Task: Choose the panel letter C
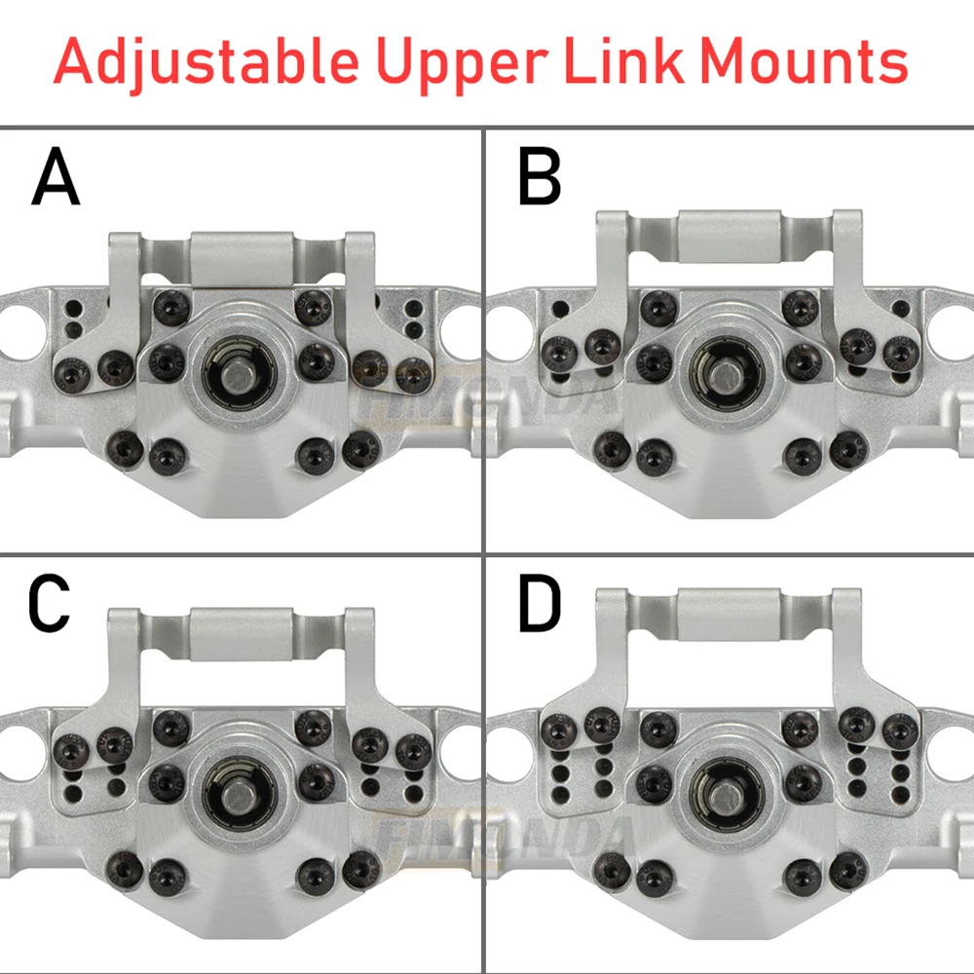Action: [x=50, y=605]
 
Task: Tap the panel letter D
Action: [x=540, y=605]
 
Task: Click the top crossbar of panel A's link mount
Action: [x=242, y=258]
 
